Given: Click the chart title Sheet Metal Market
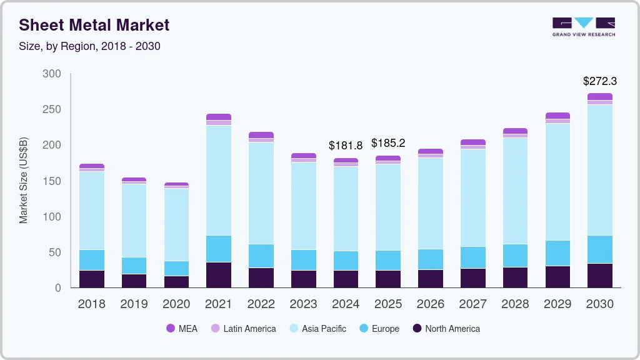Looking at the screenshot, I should pyautogui.click(x=94, y=25).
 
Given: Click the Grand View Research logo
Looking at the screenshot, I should pyautogui.click(x=583, y=26).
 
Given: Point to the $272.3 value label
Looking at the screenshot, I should pyautogui.click(x=599, y=81).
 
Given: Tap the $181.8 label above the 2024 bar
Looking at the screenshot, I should pyautogui.click(x=346, y=146).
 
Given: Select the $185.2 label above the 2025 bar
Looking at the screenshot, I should pyautogui.click(x=388, y=143).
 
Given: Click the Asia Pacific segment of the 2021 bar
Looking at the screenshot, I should pyautogui.click(x=219, y=180).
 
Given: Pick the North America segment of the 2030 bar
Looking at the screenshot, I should pyautogui.click(x=600, y=276).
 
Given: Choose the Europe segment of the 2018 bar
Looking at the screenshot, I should pyautogui.click(x=92, y=260).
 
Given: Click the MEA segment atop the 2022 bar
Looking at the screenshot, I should pyautogui.click(x=261, y=135).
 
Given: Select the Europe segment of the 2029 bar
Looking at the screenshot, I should pyautogui.click(x=557, y=253).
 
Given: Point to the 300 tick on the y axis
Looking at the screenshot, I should pyautogui.click(x=52, y=74).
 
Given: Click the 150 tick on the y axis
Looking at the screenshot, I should pyautogui.click(x=52, y=181).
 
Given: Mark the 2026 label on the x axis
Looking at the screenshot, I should pyautogui.click(x=431, y=304).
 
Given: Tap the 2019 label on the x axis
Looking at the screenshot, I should pyautogui.click(x=134, y=304).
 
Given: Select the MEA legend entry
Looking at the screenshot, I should pyautogui.click(x=182, y=329).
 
